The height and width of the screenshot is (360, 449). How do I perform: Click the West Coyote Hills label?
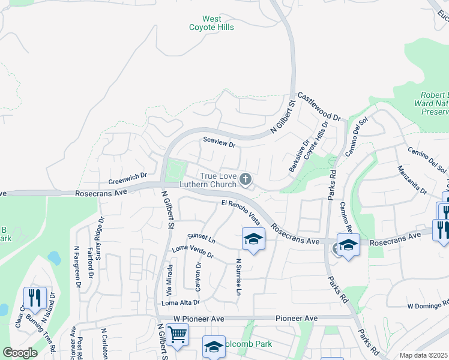[211, 23]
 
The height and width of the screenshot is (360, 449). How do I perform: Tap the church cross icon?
[245, 179]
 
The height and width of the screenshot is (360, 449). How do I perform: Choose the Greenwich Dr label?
[128, 179]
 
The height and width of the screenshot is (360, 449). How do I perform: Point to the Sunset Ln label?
[200, 239]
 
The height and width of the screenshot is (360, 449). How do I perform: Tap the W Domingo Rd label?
[428, 305]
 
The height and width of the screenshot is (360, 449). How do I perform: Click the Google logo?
[20, 353]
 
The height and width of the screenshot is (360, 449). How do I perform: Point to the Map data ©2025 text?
[424, 355]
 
